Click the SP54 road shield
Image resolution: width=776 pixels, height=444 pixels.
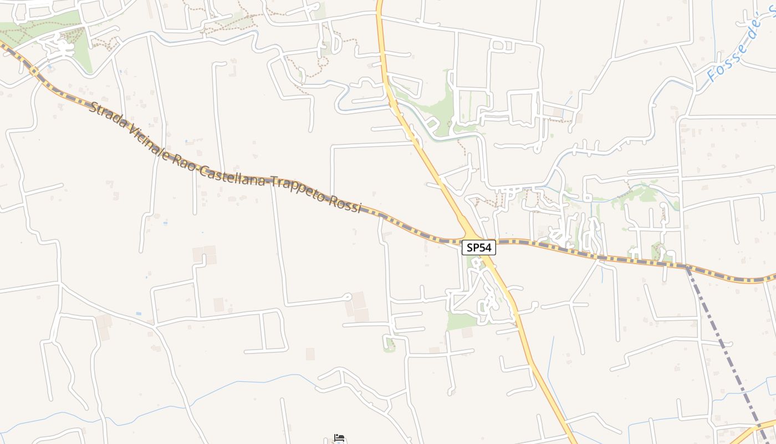[478, 248]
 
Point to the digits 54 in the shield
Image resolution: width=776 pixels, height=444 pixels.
[485, 248]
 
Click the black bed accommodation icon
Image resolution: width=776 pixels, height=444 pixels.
[339, 438]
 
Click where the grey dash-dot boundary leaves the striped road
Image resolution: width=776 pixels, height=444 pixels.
[687, 268]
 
